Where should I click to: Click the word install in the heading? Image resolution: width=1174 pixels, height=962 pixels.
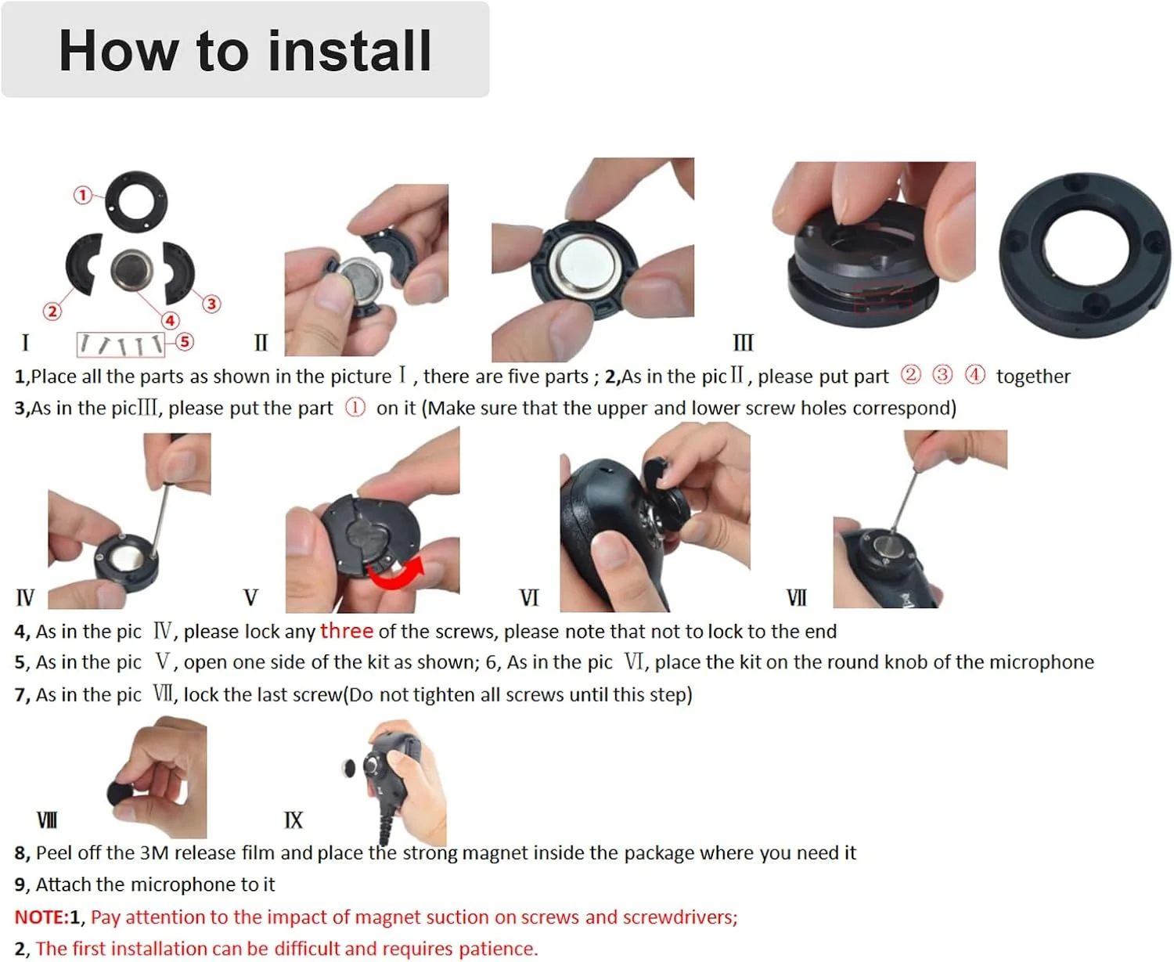point(350,51)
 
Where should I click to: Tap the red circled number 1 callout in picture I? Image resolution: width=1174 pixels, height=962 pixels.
point(83,195)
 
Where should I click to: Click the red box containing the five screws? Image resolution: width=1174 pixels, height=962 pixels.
point(121,344)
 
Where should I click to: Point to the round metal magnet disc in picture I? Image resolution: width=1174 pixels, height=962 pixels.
point(131,270)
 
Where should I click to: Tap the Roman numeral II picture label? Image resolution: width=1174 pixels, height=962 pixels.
point(261,342)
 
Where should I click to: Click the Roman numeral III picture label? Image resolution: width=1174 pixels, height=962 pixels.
point(743,342)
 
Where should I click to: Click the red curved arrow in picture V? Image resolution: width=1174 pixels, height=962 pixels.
point(396,575)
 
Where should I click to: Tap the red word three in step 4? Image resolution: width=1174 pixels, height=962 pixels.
point(346,631)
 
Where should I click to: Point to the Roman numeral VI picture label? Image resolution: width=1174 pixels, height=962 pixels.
point(529,597)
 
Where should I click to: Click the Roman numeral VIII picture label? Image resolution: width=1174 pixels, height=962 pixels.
point(47,820)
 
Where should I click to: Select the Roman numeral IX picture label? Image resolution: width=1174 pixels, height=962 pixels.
point(293,820)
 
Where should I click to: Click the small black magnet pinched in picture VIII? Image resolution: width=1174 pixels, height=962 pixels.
point(121,793)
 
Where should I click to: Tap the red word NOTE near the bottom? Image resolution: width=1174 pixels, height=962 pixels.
point(38,917)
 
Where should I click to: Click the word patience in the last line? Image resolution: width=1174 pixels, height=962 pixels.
point(497,948)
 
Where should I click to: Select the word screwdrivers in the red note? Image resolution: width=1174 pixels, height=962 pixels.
point(680,917)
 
